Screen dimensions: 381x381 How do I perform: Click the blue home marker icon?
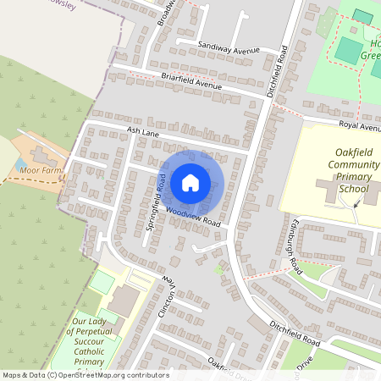coord(190,182)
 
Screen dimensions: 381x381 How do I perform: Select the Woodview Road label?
coord(193,216)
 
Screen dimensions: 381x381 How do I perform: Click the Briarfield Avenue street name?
coord(179,81)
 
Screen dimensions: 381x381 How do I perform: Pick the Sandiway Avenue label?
coord(228,47)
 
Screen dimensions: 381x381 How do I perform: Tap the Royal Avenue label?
coord(360,125)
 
